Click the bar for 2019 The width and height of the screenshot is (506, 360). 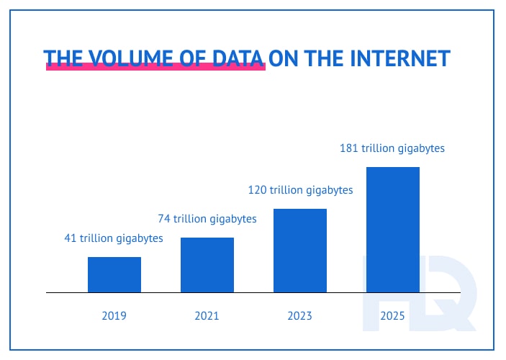point(114,274)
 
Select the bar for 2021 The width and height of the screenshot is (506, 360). point(207,265)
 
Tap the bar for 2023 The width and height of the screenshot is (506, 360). point(300,251)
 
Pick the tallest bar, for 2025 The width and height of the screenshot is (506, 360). point(393,229)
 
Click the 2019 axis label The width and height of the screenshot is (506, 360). point(114,315)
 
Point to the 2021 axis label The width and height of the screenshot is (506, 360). point(207,315)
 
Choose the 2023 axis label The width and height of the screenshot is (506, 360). point(299,315)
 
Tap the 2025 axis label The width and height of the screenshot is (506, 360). point(393,315)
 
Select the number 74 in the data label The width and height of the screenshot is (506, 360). point(164,218)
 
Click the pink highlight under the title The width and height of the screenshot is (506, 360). point(155,68)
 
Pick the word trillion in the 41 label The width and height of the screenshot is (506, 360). point(97,238)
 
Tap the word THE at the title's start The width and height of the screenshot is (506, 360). point(62,58)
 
